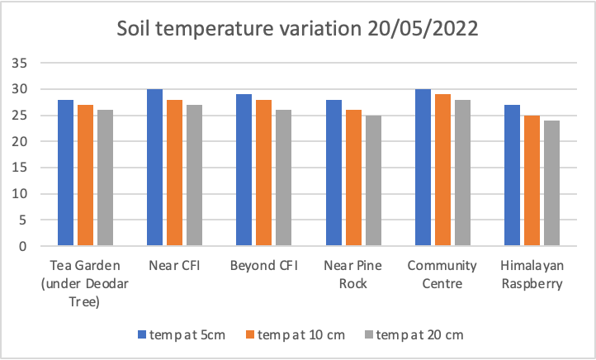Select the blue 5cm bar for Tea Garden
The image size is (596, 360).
coord(65,173)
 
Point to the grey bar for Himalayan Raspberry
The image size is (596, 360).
coord(551,183)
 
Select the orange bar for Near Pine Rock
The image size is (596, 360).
coord(352,178)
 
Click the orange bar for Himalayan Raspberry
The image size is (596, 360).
coord(531,181)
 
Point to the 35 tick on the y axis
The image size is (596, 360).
coord(21,63)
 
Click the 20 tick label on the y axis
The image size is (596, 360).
coord(21,142)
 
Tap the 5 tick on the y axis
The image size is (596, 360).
coord(25,220)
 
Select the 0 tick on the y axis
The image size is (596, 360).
coord(25,247)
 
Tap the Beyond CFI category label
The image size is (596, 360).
coord(263,266)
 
